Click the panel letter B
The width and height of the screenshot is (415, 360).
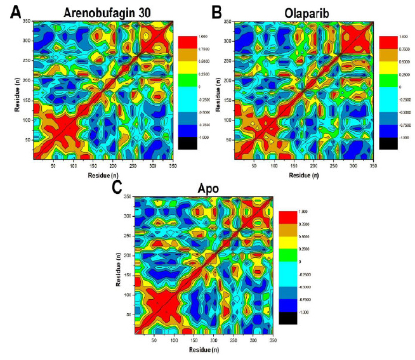tap(216, 11)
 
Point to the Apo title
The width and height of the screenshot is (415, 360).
tap(204, 188)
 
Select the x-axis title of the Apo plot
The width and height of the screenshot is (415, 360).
tap(204, 350)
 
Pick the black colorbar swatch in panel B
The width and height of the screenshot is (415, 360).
tap(388, 143)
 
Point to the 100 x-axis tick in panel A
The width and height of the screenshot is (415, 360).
tap(74, 166)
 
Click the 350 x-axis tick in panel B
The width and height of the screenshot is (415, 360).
tap(372, 166)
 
